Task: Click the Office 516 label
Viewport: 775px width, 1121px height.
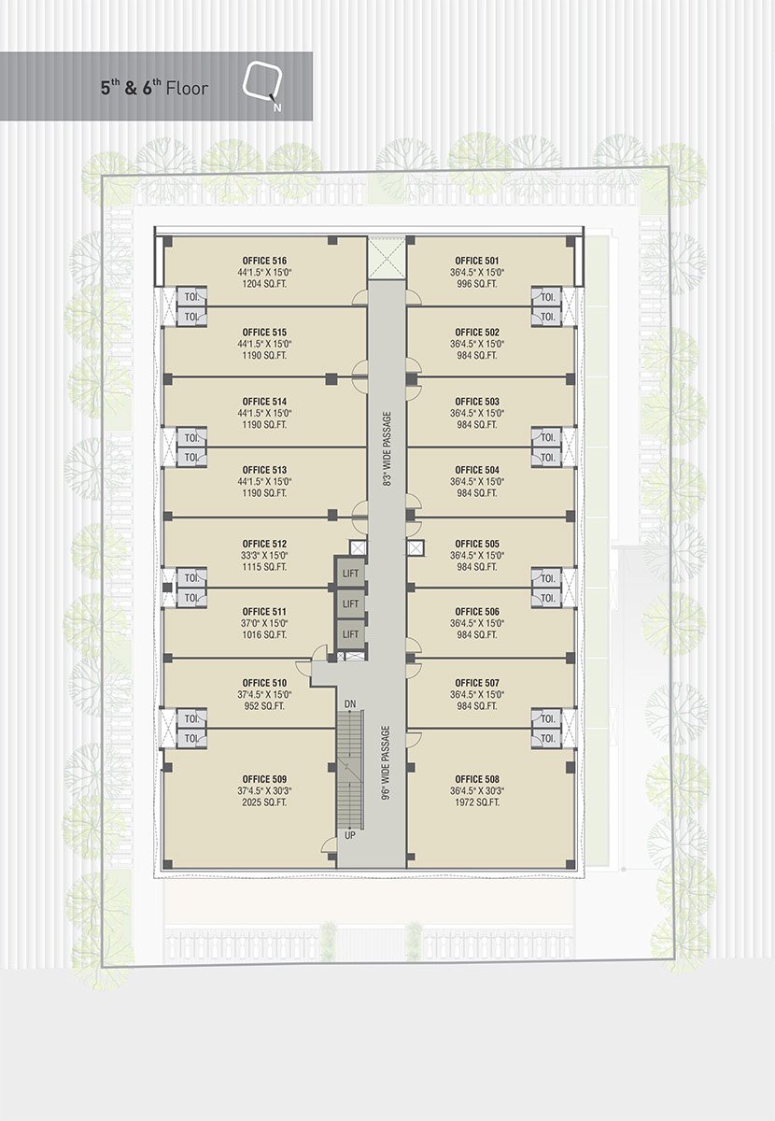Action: tap(264, 261)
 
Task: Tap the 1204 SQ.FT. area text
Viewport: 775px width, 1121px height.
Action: tap(264, 284)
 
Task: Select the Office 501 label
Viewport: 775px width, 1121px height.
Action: tap(477, 261)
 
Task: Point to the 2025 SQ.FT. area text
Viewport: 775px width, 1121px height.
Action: tap(264, 802)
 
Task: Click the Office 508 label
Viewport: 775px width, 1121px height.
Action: tap(477, 779)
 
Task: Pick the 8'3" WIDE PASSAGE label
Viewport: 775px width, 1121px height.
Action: tap(387, 449)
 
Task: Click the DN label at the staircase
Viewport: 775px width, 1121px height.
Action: tap(350, 703)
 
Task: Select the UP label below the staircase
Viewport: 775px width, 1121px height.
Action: tap(350, 835)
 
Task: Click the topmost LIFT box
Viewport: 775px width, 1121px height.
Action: tap(350, 573)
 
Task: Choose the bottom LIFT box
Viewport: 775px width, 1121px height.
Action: tap(350, 634)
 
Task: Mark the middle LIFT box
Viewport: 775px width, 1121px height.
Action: tap(350, 603)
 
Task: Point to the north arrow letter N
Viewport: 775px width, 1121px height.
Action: tap(276, 107)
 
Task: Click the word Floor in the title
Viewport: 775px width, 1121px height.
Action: tap(187, 89)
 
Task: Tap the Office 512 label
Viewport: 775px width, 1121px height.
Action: tap(264, 544)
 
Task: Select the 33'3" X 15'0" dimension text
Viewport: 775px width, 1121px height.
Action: tap(264, 556)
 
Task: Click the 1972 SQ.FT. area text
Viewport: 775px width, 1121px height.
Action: tap(477, 802)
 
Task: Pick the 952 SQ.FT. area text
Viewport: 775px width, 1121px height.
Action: tap(264, 706)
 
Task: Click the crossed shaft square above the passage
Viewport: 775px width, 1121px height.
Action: tap(387, 257)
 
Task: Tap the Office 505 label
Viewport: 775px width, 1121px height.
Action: tap(477, 544)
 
